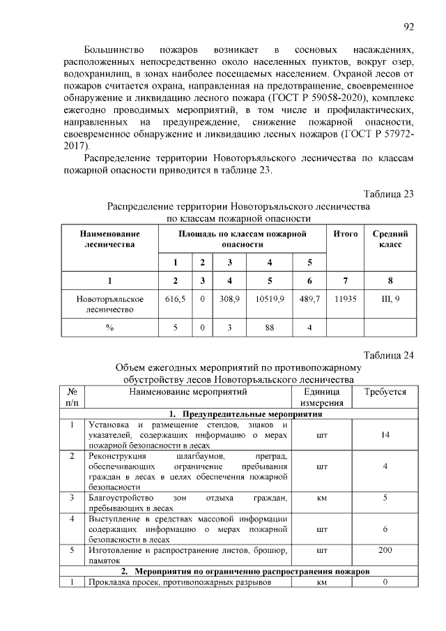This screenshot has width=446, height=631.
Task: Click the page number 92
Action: (x=409, y=27)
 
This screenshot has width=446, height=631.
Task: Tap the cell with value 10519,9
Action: (x=270, y=298)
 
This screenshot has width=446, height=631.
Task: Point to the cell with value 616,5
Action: (x=176, y=298)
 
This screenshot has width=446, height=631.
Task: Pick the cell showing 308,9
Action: (x=229, y=298)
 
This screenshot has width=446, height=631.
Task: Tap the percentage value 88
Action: (x=270, y=327)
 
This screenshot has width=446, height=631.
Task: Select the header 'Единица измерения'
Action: (x=322, y=397)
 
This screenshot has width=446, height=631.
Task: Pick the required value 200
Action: (x=385, y=550)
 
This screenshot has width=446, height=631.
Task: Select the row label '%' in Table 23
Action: (x=110, y=327)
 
